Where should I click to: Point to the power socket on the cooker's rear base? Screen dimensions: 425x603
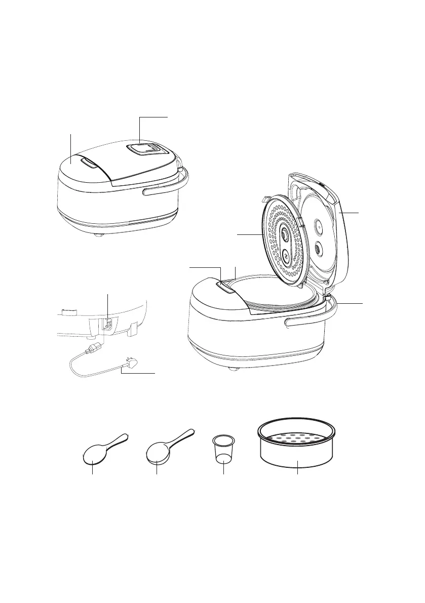pos(108,324)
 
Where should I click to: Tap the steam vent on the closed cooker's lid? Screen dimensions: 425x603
pos(145,149)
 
